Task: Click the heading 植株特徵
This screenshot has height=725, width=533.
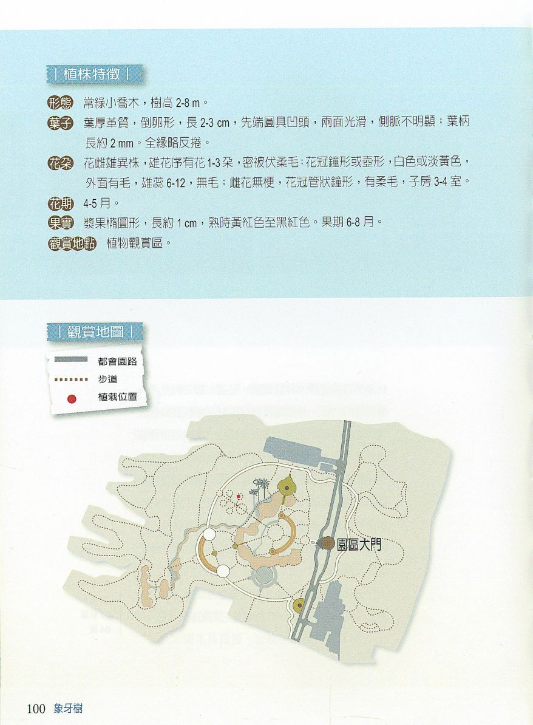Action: click(92, 74)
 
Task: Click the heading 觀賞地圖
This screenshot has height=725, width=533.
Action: click(95, 332)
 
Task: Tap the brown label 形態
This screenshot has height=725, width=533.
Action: click(60, 102)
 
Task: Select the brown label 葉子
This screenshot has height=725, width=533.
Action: click(60, 123)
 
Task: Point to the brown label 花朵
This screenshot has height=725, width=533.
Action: click(60, 163)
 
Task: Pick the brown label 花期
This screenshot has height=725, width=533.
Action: click(60, 203)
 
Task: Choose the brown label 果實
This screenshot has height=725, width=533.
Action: click(60, 223)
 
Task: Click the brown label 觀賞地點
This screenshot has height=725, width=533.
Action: click(72, 243)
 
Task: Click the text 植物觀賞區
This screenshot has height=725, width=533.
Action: click(135, 243)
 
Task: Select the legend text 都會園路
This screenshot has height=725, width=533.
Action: click(117, 361)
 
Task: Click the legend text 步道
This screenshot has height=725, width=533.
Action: click(107, 379)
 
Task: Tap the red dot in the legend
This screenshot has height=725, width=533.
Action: click(72, 398)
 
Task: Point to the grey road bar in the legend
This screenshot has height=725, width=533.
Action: click(71, 359)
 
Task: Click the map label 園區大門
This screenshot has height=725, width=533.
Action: click(359, 544)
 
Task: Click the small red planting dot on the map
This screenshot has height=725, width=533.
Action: click(239, 497)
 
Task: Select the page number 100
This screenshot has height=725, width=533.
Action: click(36, 709)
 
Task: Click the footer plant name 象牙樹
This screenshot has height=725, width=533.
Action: click(68, 709)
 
